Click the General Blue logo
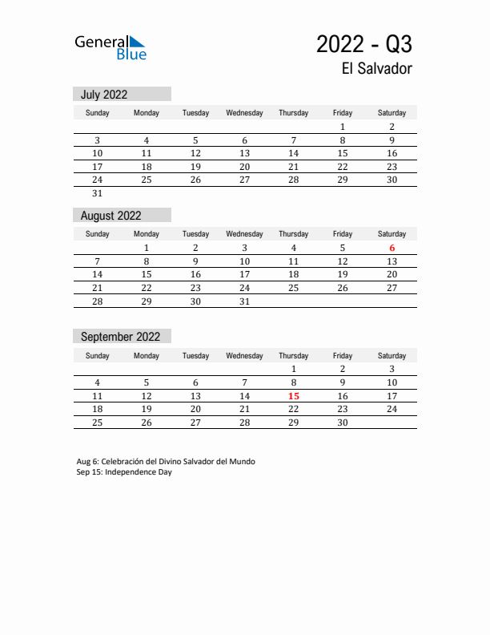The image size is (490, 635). [110, 47]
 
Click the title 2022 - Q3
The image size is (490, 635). [364, 43]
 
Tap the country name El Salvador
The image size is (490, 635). [376, 69]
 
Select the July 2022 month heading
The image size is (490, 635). [104, 95]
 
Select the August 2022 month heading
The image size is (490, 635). [111, 216]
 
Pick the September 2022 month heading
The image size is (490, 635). [120, 337]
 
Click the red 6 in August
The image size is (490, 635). [392, 249]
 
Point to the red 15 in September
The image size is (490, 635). [294, 396]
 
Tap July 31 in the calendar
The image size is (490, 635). [98, 193]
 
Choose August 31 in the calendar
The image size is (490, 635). [245, 301]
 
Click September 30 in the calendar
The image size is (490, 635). [343, 423]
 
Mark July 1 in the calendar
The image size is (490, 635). [343, 127]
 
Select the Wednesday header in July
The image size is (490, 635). [245, 113]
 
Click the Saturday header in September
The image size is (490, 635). [392, 355]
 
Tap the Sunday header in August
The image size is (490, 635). [98, 234]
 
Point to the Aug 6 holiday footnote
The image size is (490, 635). [166, 462]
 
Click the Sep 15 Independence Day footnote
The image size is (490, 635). [124, 472]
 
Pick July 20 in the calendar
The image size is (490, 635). [245, 167]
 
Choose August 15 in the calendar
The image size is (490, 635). [147, 274]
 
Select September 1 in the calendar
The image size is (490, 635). [294, 369]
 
